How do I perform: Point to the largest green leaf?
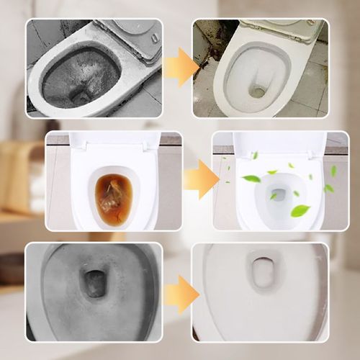pyautogui.click(x=300, y=210)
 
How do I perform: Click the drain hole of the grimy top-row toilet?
pyautogui.click(x=81, y=96)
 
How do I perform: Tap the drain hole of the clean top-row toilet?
pyautogui.click(x=257, y=91)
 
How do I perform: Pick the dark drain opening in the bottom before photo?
pyautogui.click(x=94, y=284)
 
